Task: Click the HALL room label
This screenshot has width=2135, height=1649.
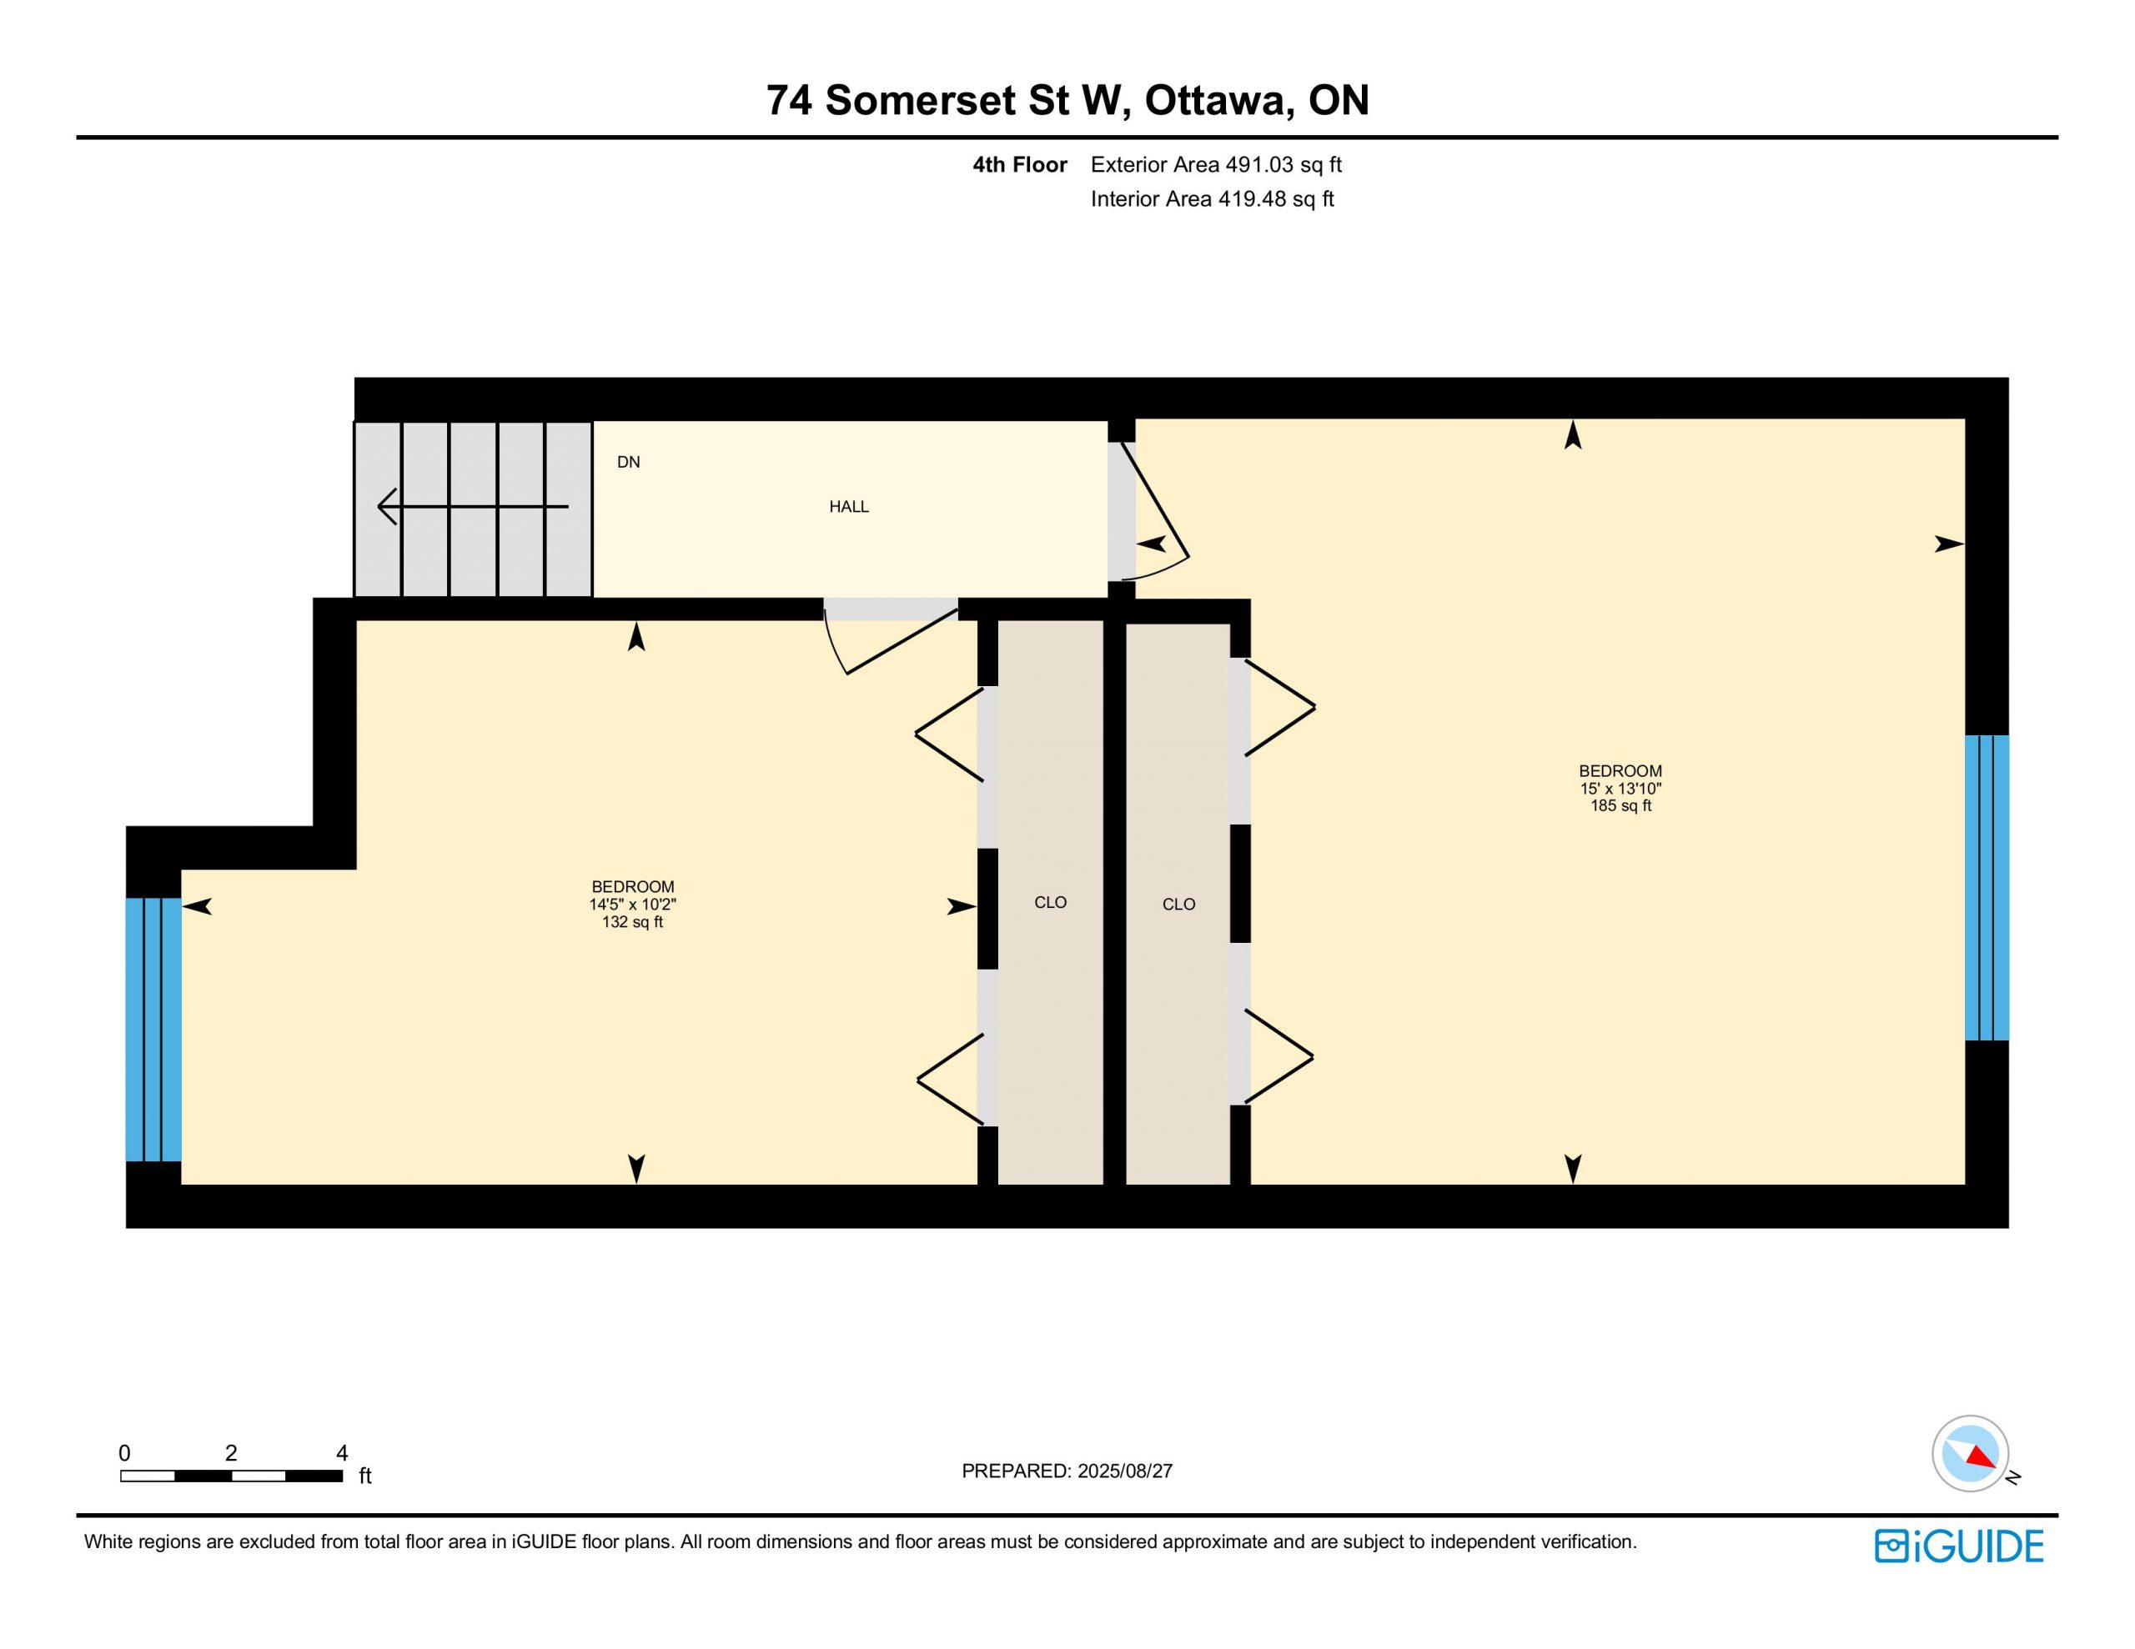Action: [x=848, y=506]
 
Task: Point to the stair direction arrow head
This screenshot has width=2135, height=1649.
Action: [x=388, y=506]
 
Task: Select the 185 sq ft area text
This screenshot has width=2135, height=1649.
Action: [x=1620, y=806]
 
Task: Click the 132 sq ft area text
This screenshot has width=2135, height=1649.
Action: [x=632, y=922]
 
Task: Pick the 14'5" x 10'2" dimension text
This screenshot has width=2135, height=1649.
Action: [x=632, y=905]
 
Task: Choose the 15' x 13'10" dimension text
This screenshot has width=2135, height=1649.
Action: [x=1620, y=789]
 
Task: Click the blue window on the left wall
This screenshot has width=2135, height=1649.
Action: [x=153, y=1030]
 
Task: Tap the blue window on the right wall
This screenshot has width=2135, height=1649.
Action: [x=1987, y=888]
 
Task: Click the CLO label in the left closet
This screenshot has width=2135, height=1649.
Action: [x=1051, y=902]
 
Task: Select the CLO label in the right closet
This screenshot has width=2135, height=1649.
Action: [x=1179, y=905]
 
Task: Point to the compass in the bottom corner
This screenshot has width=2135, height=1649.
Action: [x=1971, y=1454]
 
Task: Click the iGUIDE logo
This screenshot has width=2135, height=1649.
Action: [x=1959, y=1546]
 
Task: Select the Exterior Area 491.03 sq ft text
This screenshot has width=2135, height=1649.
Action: [x=1216, y=165]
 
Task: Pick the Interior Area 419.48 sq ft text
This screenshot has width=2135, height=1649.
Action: [x=1212, y=199]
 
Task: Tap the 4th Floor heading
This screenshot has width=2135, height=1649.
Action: [x=1020, y=165]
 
